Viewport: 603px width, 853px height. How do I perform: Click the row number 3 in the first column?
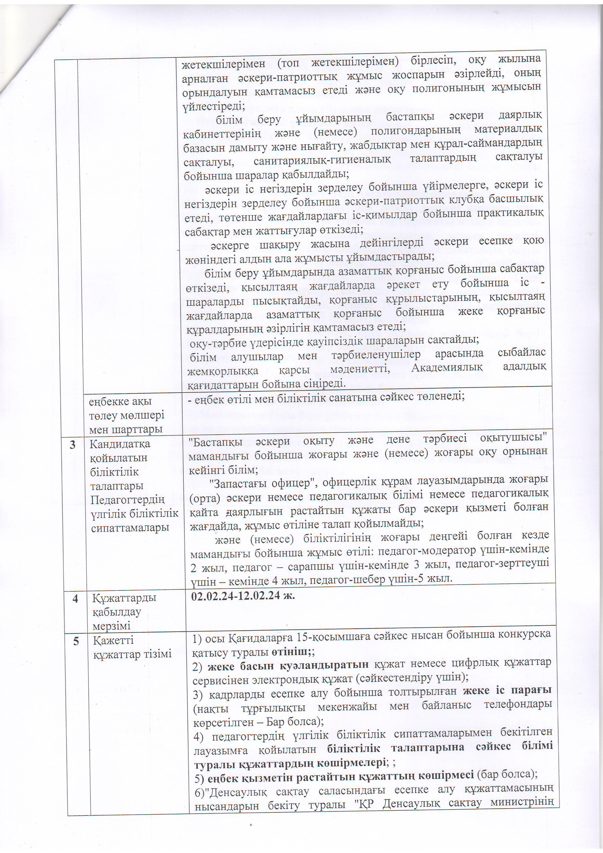click(72, 444)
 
